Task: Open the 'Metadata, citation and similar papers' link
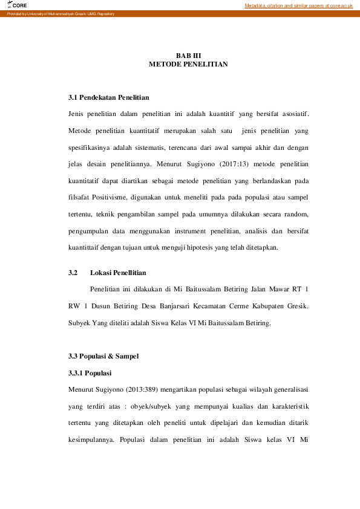point(298,5)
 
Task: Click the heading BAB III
point(188,55)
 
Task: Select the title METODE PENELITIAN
point(188,63)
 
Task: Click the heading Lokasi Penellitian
point(118,273)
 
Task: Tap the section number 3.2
point(74,273)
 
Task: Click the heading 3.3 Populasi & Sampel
point(103,356)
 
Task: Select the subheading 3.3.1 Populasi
point(90,372)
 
